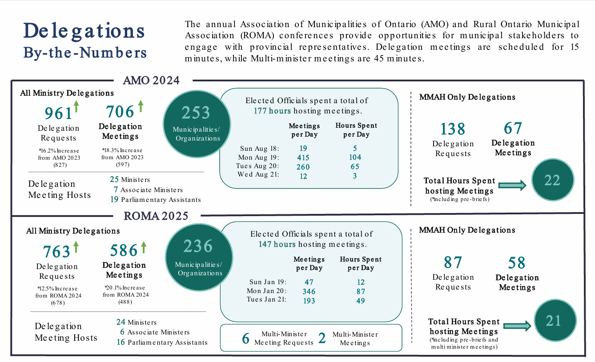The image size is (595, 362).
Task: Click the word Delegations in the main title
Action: (84, 32)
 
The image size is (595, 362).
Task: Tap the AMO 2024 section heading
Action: (151, 80)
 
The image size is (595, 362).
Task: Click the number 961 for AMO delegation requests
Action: (58, 113)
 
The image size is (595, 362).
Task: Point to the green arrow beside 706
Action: (141, 106)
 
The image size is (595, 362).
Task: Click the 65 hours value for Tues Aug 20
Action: (355, 167)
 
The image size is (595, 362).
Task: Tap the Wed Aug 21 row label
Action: (258, 175)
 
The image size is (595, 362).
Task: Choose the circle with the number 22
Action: (552, 181)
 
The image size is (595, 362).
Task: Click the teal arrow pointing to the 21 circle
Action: (518, 326)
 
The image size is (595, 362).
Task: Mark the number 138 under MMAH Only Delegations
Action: (453, 129)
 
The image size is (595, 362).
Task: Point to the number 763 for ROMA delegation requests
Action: (56, 252)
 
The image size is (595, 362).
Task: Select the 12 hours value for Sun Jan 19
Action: (361, 282)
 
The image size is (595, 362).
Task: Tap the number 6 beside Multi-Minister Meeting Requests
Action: (245, 338)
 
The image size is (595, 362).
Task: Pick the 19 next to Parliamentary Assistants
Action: (114, 199)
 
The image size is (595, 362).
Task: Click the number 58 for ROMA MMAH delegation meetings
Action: (516, 263)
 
